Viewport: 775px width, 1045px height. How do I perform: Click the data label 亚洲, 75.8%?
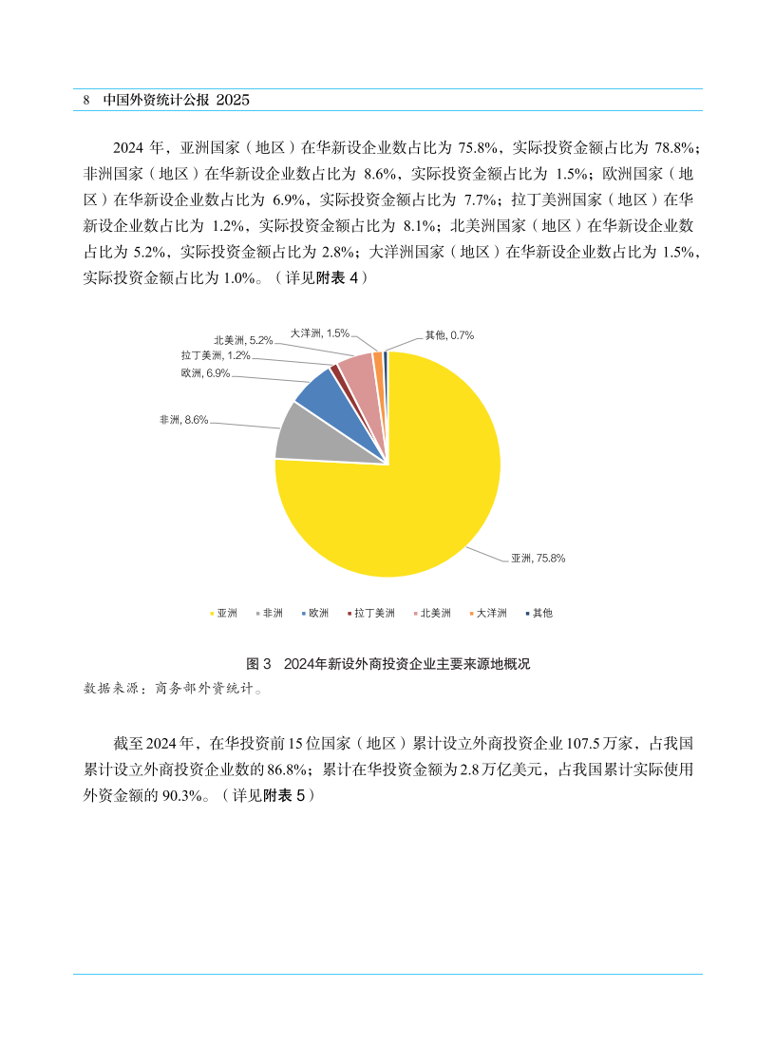(x=538, y=559)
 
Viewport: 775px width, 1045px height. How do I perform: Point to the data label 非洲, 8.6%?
(x=184, y=419)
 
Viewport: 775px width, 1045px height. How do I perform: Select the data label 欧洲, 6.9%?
(x=206, y=373)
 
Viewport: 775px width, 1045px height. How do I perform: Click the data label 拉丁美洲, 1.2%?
(x=216, y=355)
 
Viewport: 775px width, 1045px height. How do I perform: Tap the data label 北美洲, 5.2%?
(x=243, y=339)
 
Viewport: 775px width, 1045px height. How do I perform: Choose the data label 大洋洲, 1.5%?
(x=319, y=332)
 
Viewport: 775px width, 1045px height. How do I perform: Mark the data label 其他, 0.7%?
(x=449, y=334)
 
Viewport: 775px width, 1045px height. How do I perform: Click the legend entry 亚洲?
(x=223, y=613)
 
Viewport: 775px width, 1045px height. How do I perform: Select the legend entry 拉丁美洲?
(x=370, y=613)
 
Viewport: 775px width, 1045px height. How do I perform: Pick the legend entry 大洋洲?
(x=488, y=613)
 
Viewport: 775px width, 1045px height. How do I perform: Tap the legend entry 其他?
(x=539, y=613)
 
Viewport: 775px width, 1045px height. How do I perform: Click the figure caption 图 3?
(x=259, y=664)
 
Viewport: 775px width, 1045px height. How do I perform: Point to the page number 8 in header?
(x=86, y=100)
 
